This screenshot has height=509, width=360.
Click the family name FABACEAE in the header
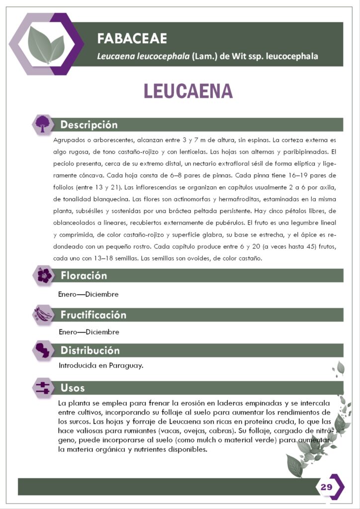coord(132,38)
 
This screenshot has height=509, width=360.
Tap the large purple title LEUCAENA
coord(188,91)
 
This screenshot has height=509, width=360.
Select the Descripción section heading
coord(89,124)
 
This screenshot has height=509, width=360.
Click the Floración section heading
coord(84,275)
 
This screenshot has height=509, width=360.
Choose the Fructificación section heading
coord(93,315)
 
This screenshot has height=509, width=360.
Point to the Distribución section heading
coord(90,350)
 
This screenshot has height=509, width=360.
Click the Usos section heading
coord(73,388)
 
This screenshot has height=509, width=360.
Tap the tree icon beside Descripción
coord(43,124)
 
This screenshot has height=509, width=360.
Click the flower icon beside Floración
coord(44,275)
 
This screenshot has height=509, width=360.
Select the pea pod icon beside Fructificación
coord(44,315)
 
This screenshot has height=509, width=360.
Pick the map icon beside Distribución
coord(44,350)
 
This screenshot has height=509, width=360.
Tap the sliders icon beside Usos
coord(44,388)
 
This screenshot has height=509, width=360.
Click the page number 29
coord(326,487)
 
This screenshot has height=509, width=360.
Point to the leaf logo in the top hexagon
coord(46,44)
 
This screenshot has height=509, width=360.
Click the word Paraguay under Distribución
coord(127,366)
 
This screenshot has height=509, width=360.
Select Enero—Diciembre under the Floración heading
coord(89,294)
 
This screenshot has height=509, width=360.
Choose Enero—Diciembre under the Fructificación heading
coord(89,332)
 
